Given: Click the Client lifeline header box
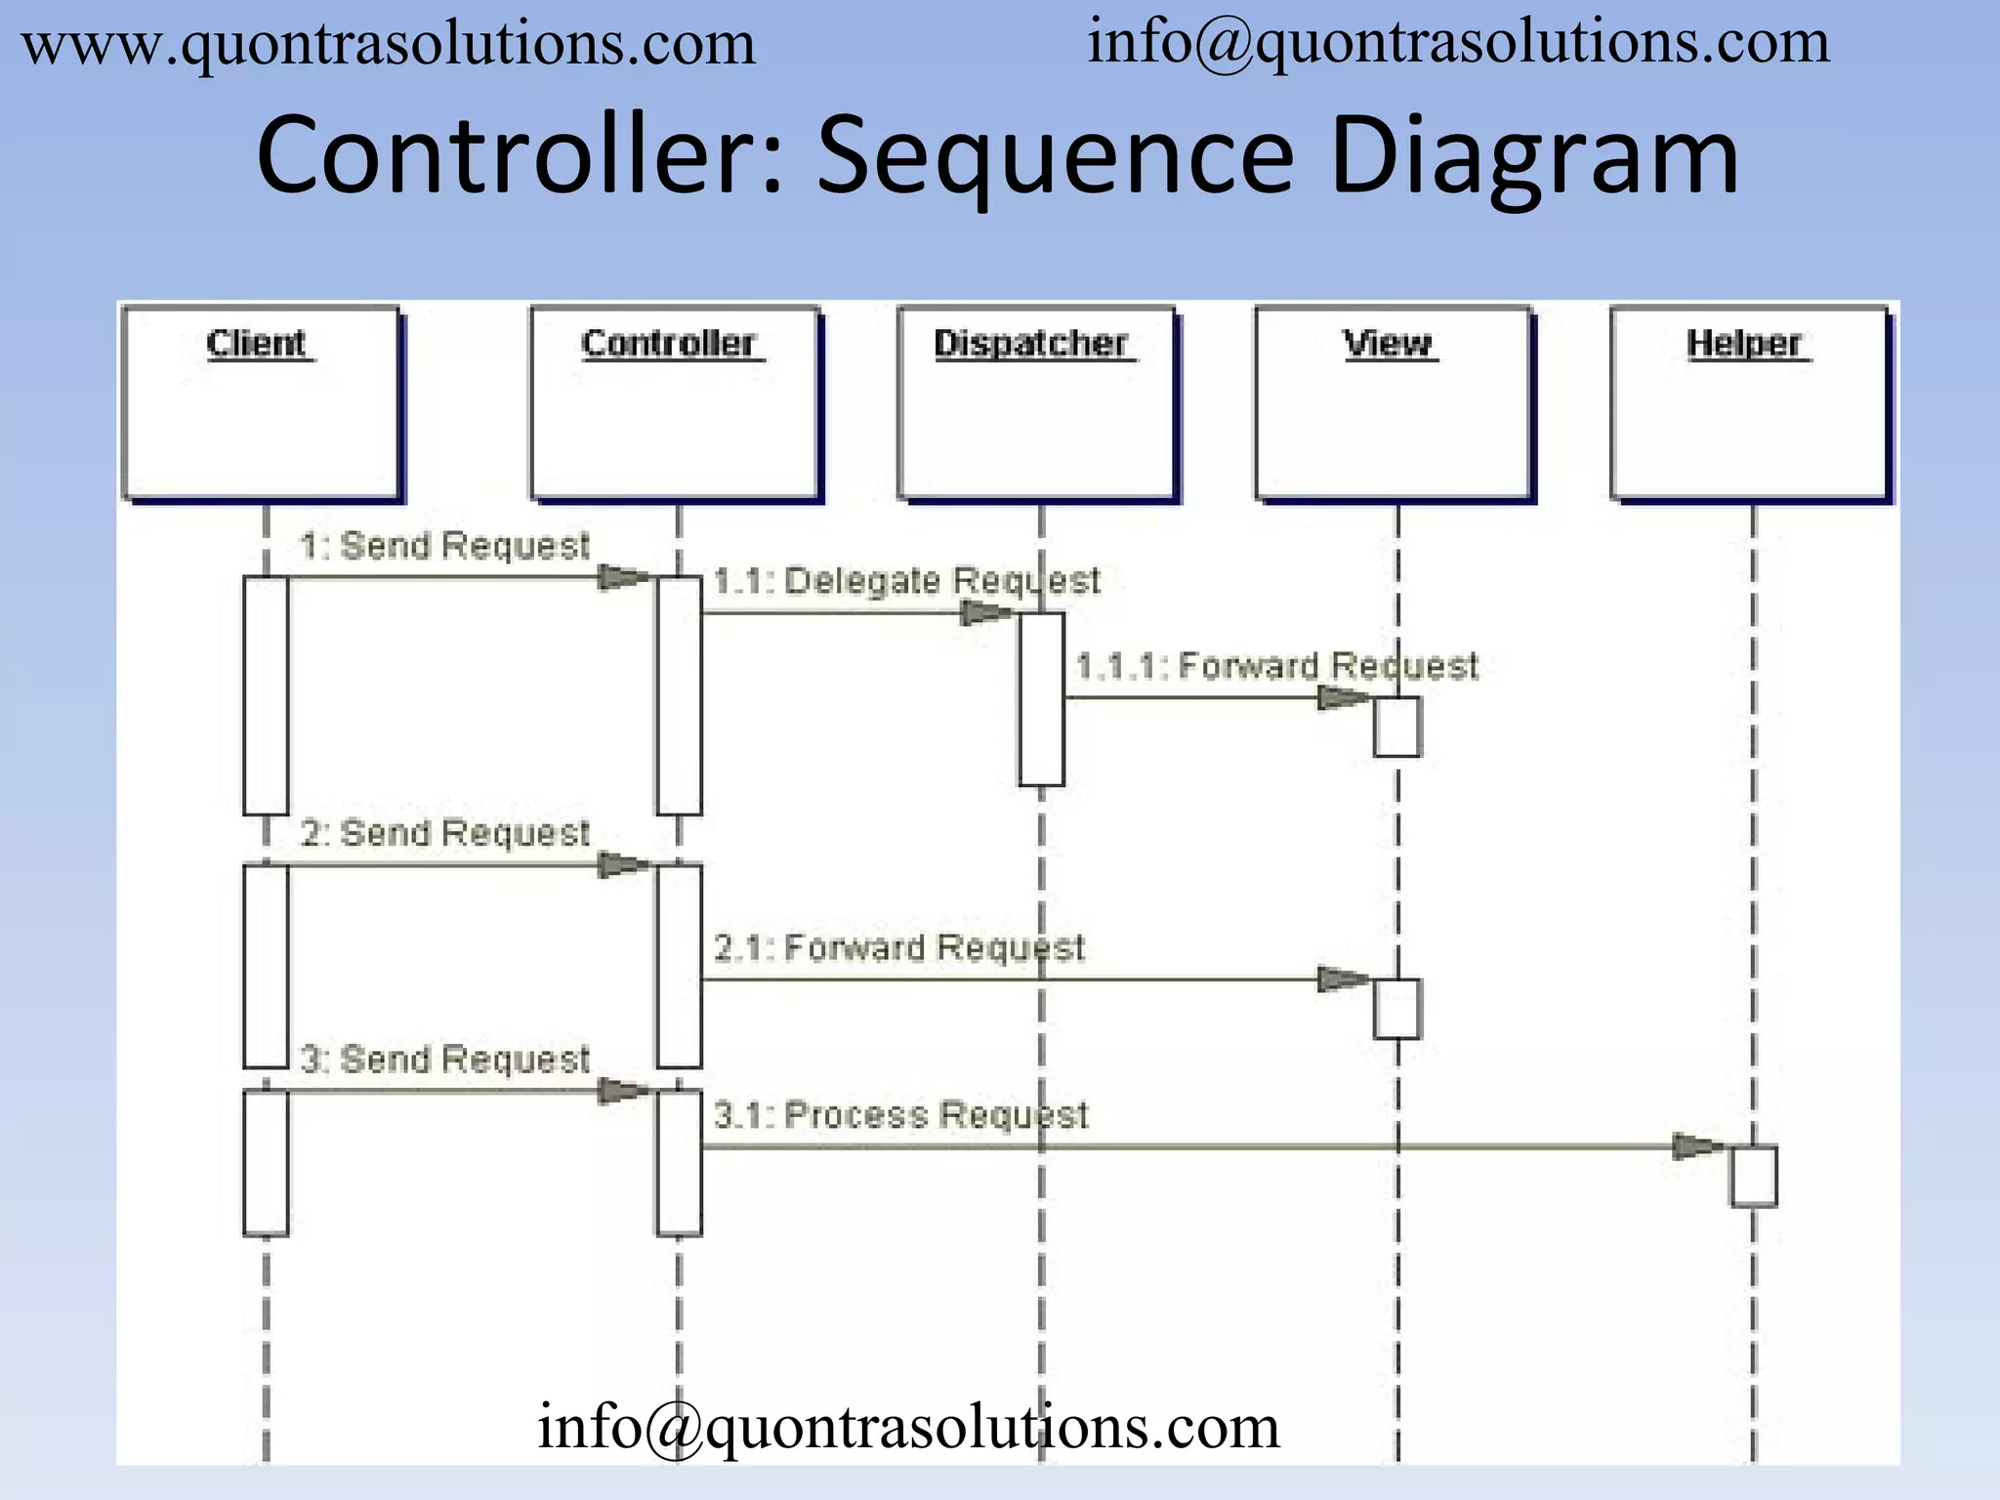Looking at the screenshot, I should (x=261, y=402).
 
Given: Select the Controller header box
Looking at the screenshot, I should (x=674, y=402).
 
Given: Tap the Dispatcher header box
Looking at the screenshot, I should (x=1036, y=402).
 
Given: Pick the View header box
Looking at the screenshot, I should (x=1393, y=402).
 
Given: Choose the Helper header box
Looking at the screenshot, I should (x=1749, y=402).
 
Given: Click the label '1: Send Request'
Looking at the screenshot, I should (x=444, y=546).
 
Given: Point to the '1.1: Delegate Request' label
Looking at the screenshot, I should (x=906, y=581).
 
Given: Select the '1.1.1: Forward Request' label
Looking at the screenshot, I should (x=1276, y=666).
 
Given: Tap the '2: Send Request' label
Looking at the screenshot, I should (x=444, y=833).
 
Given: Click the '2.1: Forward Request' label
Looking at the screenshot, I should (x=899, y=947).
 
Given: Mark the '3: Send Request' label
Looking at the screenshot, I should (x=444, y=1060).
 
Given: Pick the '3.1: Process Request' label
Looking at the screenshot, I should (x=900, y=1115).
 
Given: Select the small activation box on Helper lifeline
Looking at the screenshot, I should (x=1754, y=1176).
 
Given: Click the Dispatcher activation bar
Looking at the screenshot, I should (x=1041, y=699).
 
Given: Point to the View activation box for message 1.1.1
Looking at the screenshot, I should (x=1396, y=727).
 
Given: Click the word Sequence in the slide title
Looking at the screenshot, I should (x=1055, y=156).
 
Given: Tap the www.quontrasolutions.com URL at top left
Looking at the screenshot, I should (x=389, y=45).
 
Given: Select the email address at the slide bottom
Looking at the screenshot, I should (x=908, y=1427).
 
